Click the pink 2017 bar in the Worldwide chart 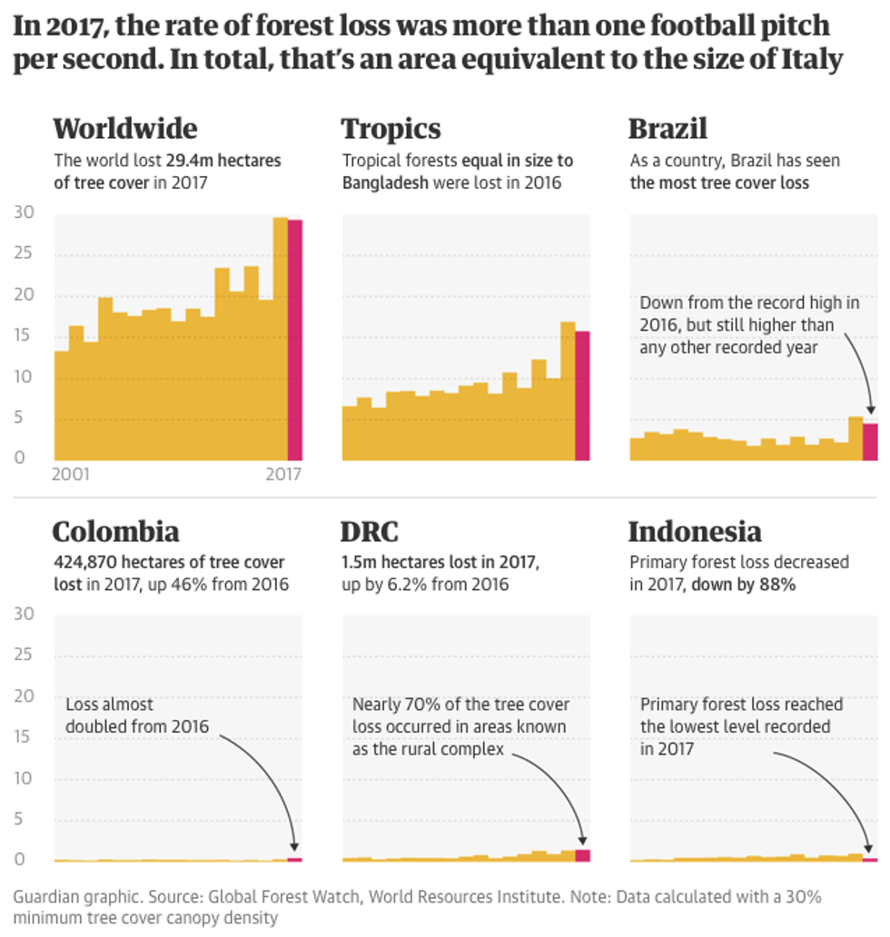coord(295,340)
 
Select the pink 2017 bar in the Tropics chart coord(582,396)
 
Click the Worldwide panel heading coord(124,128)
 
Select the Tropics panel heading coord(391,129)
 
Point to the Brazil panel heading coord(667,128)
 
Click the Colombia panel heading coord(115,531)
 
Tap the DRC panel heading coord(370,531)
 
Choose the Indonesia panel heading coord(695,531)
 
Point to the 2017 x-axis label coord(282,474)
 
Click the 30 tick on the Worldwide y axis coord(25,212)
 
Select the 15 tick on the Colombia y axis coord(25,737)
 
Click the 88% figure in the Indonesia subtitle coord(778,585)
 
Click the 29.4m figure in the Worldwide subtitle coord(186,161)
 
